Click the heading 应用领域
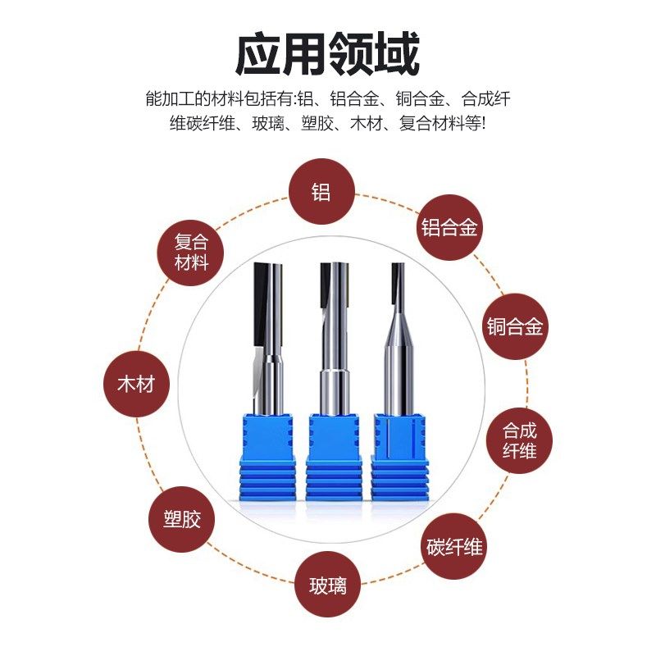(x=327, y=55)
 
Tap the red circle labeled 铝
(x=321, y=192)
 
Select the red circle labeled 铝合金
(x=449, y=227)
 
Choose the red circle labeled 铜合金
(x=514, y=327)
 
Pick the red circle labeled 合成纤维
(x=519, y=440)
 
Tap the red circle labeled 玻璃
(x=328, y=585)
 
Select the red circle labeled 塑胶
(x=181, y=519)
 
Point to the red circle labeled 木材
(x=136, y=384)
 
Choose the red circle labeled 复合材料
(x=192, y=252)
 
